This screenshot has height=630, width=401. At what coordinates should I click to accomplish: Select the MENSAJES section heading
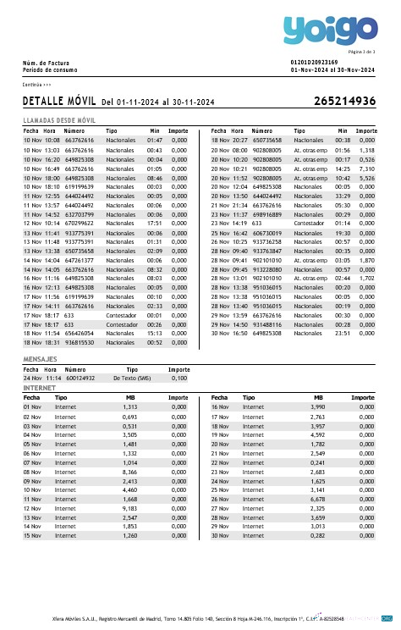point(40,360)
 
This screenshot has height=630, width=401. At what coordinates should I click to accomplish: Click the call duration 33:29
point(342,196)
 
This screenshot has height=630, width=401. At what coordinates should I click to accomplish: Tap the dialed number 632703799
point(80,214)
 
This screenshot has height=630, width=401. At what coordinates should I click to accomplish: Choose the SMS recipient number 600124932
point(80,379)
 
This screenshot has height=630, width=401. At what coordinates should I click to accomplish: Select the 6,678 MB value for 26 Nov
point(317,499)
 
